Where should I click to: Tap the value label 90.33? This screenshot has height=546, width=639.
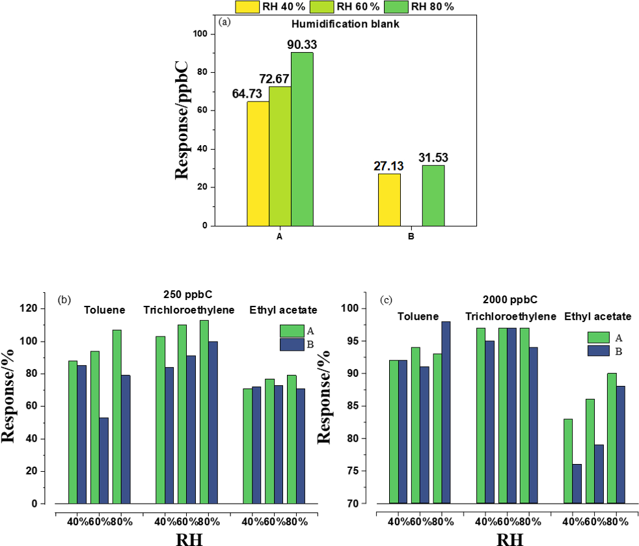301,44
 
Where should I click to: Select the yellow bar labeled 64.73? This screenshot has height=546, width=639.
258,163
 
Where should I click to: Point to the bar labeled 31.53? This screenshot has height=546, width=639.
433,195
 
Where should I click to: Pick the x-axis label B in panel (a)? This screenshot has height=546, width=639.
411,236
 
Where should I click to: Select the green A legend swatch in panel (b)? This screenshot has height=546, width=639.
292,329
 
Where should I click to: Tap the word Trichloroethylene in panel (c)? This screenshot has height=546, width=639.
511,316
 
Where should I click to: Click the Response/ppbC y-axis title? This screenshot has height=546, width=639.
183,120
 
